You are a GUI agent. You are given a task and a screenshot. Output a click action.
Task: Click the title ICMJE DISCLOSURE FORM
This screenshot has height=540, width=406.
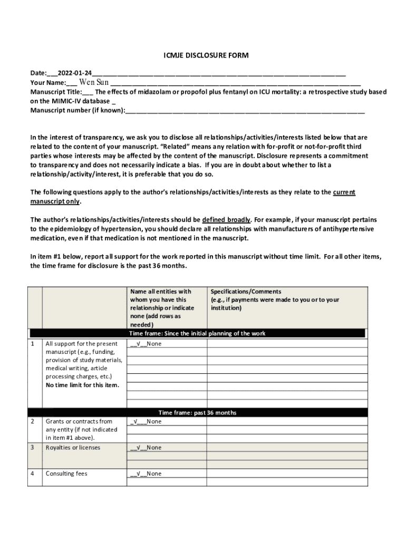click(x=203, y=55)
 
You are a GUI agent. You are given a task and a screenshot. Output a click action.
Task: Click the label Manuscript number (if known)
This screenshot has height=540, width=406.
click(x=78, y=111)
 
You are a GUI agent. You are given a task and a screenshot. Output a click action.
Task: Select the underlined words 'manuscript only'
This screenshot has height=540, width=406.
click(x=55, y=201)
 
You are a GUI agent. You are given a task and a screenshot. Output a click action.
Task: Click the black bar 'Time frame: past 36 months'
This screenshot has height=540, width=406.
click(x=197, y=412)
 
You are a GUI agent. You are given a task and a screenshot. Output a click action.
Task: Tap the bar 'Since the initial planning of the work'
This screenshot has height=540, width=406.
click(x=197, y=333)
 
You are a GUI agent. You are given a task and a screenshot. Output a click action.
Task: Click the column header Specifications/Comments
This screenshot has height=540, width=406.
click(x=246, y=292)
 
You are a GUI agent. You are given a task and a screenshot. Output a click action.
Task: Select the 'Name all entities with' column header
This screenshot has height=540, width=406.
click(x=160, y=292)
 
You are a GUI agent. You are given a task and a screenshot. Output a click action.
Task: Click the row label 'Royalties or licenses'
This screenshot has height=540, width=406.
click(x=73, y=448)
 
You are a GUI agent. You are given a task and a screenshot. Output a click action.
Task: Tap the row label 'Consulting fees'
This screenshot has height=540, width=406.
click(x=66, y=474)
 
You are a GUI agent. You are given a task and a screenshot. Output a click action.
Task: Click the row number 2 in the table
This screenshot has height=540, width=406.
click(x=33, y=421)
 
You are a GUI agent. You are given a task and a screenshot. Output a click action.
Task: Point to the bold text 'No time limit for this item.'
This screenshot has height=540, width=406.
click(x=82, y=385)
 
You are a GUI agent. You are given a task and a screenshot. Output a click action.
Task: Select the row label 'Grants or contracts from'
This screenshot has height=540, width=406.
click(x=79, y=421)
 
